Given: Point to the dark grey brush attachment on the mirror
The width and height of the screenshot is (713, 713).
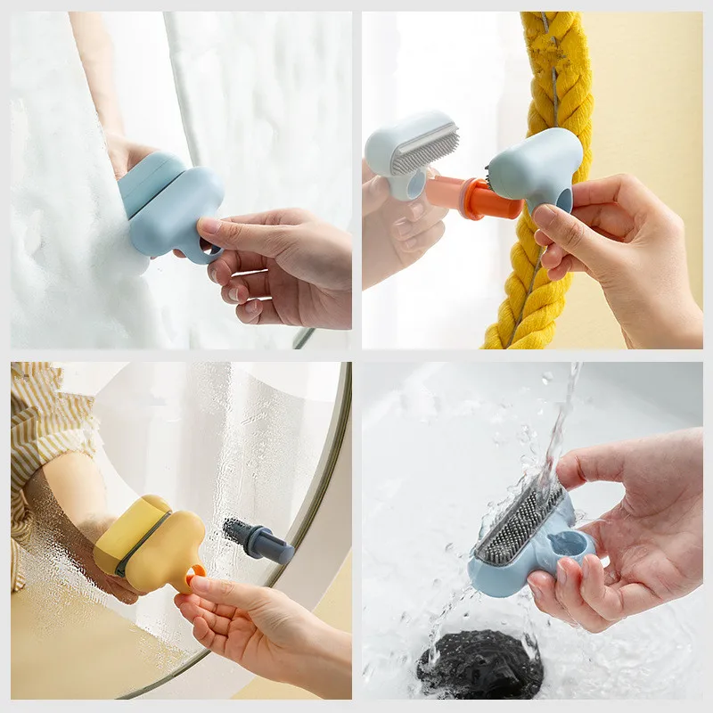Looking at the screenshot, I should (x=258, y=539).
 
